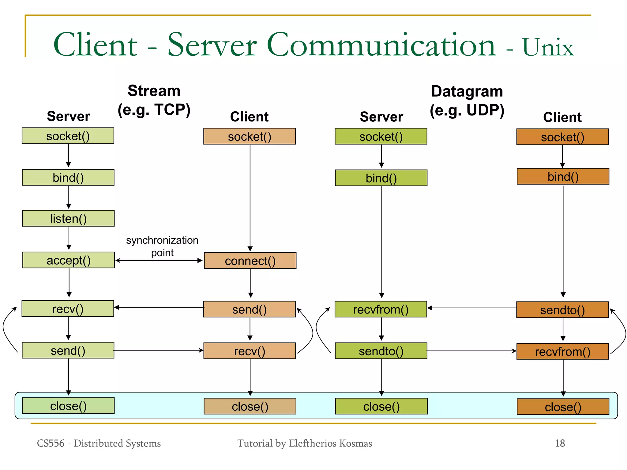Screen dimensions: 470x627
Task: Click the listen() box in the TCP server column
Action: (x=68, y=218)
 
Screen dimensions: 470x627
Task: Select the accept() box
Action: (x=69, y=260)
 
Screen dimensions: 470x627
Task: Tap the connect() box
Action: (x=250, y=261)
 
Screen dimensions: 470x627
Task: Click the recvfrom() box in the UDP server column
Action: (x=381, y=309)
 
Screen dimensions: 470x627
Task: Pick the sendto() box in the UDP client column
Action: (x=562, y=310)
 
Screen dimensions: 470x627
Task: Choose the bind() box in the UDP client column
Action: (x=563, y=176)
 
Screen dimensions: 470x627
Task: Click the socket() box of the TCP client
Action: (x=250, y=136)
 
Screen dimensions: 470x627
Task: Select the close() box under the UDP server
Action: (x=381, y=406)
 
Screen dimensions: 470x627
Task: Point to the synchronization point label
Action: (x=162, y=246)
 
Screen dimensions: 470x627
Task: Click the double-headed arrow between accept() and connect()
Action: (x=159, y=261)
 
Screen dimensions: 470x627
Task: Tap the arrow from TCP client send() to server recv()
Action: (x=159, y=307)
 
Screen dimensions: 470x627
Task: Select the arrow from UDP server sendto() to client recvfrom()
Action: (x=471, y=351)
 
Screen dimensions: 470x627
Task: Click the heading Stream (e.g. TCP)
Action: (x=154, y=100)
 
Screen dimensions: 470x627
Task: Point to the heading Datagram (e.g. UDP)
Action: (x=467, y=101)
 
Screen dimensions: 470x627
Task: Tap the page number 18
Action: (x=560, y=443)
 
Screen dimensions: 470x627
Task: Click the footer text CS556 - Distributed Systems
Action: (x=99, y=443)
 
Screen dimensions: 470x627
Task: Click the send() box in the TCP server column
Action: (x=68, y=350)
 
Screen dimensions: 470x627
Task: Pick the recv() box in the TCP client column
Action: (x=250, y=351)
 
